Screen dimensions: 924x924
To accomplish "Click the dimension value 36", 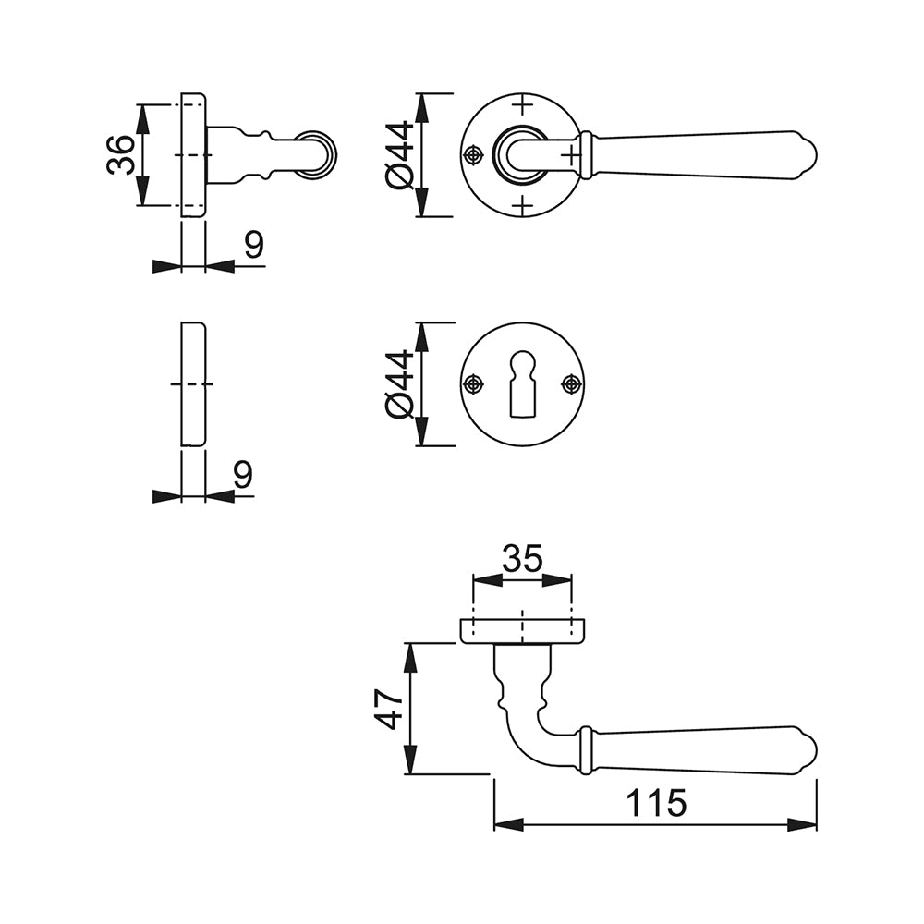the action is coord(121,154).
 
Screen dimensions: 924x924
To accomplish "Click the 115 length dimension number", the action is coord(656,802).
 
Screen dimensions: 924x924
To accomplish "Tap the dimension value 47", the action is coord(389,709).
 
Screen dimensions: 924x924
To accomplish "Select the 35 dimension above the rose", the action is coord(522,559).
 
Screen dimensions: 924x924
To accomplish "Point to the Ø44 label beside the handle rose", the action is coord(399,155).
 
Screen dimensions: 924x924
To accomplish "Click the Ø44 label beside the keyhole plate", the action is coord(399,384).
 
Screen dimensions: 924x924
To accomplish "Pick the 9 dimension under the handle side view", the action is coord(254,245).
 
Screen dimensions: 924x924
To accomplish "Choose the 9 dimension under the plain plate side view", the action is coord(243,474).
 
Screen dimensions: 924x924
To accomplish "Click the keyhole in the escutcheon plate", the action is coord(521,385).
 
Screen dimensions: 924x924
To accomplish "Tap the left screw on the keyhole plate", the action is coord(473,384).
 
